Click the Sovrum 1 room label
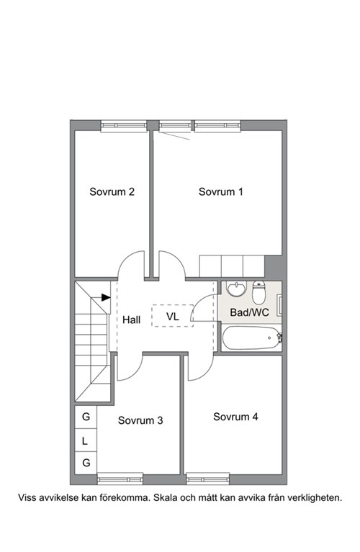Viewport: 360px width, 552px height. click(220, 192)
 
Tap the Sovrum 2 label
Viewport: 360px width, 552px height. click(112, 192)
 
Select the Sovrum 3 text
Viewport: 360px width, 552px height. click(140, 420)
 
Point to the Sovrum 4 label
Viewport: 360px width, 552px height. click(235, 417)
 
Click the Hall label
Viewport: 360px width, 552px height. click(131, 320)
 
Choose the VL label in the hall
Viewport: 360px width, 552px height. click(173, 317)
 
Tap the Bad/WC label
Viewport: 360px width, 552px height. click(249, 312)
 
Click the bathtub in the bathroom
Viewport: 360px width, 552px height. click(251, 338)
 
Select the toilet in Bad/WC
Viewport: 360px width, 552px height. click(258, 292)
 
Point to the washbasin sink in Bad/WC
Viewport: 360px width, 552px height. click(236, 289)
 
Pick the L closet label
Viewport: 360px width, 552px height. click(84, 440)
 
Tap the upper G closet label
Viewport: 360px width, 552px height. click(86, 417)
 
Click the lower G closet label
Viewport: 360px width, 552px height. click(86, 463)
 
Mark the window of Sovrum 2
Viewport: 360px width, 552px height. click(124, 126)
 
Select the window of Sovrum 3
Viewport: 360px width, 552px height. click(120, 479)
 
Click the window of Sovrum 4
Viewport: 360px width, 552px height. click(208, 479)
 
